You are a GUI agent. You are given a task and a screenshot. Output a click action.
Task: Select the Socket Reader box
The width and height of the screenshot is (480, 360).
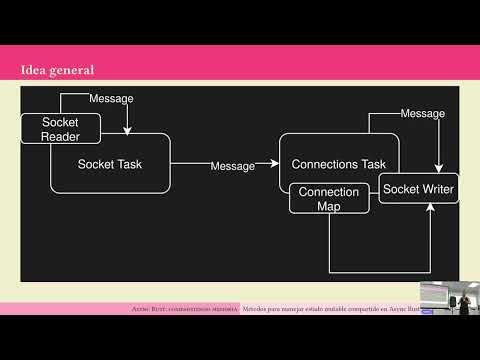(60, 129)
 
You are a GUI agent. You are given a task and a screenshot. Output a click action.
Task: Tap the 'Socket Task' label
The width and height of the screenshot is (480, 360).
(109, 162)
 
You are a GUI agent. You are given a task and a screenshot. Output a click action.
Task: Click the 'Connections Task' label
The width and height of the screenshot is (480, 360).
(338, 163)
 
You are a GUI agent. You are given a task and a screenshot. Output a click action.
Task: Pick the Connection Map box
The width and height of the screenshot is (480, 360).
(329, 198)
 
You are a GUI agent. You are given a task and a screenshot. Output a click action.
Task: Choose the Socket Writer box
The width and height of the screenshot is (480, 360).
(418, 188)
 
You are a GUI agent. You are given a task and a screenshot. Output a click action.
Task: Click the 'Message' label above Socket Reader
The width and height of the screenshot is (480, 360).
(111, 99)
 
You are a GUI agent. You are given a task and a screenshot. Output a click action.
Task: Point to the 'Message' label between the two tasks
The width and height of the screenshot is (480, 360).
(232, 166)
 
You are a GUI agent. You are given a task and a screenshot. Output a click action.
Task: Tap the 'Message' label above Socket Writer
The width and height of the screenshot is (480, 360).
(422, 114)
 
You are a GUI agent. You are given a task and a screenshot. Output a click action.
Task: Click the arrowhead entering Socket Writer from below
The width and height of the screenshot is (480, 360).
(431, 208)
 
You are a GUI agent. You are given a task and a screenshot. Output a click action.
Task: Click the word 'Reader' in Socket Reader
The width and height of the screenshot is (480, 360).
(60, 136)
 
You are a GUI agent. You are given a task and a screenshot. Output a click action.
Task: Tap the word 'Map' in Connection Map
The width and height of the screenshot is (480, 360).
(329, 206)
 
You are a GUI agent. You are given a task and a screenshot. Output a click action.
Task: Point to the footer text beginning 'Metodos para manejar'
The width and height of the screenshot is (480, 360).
(330, 309)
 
